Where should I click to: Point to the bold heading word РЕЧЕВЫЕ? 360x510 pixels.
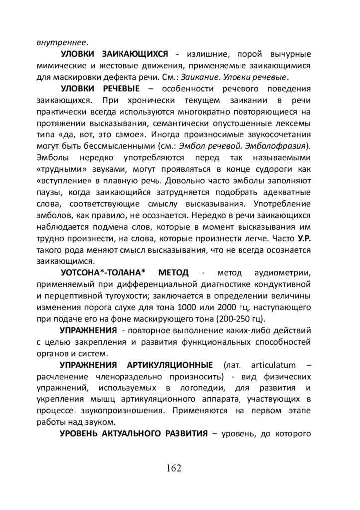[124, 89]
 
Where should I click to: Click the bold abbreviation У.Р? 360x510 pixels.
[304, 238]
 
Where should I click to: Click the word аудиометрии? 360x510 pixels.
[283, 273]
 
